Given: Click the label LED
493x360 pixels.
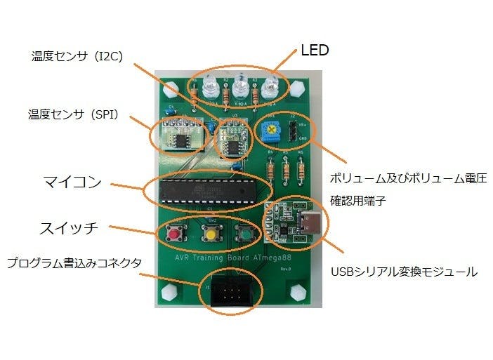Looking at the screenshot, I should point(315,50).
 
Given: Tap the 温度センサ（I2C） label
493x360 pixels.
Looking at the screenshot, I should point(77,56).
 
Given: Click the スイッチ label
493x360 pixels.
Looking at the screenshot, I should point(68,228).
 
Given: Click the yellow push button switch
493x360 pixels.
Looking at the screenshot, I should point(209,232).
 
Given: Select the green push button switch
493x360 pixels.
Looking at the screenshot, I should point(244,232).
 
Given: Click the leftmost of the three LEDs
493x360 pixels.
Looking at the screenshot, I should point(209,88).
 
